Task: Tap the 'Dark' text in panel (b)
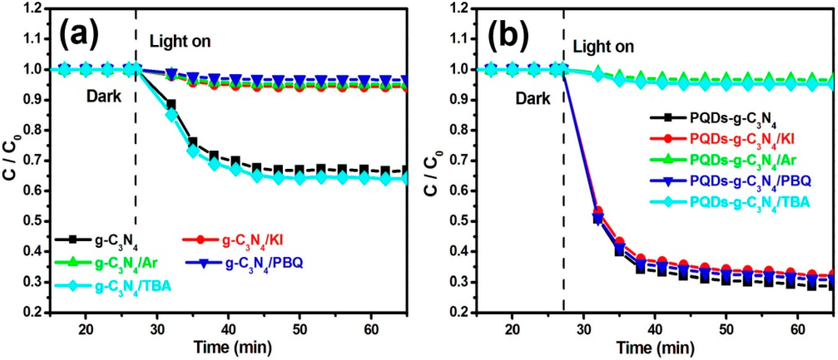[533, 98]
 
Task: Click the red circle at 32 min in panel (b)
[598, 210]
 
